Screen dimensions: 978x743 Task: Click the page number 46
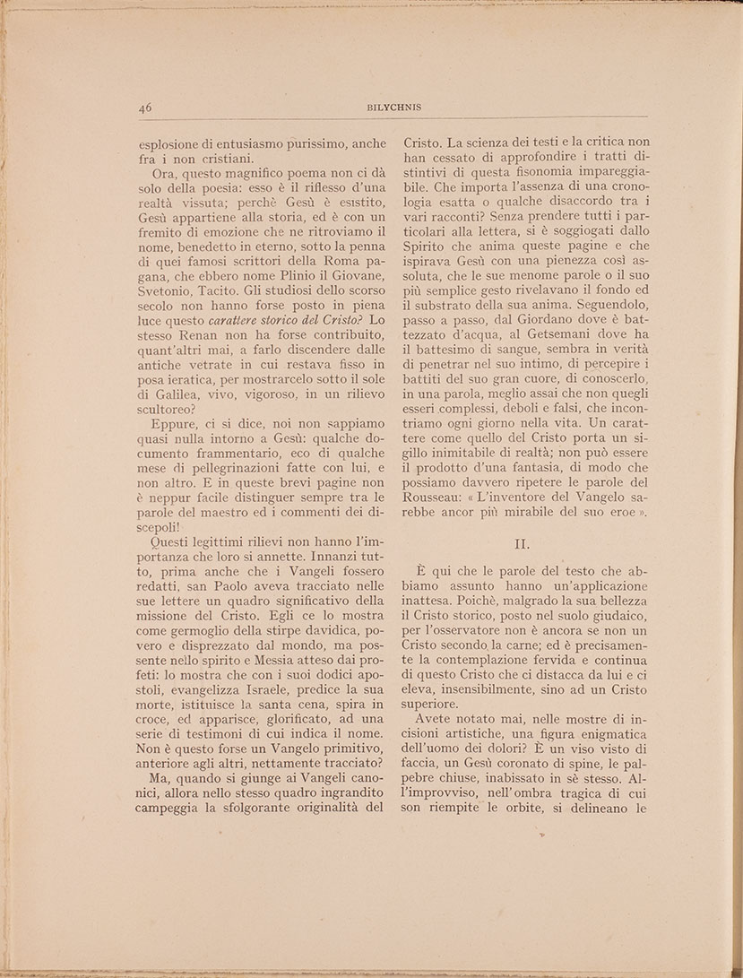(x=145, y=106)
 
